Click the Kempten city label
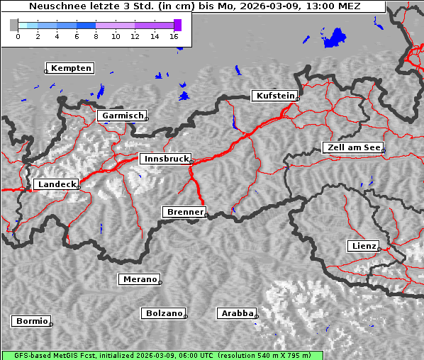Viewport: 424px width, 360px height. pyautogui.click(x=71, y=68)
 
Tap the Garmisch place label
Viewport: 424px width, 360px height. pyautogui.click(x=123, y=115)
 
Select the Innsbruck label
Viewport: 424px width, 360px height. pyautogui.click(x=165, y=159)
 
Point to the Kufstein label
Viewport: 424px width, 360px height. pyautogui.click(x=274, y=96)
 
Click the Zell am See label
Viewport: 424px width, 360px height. pyautogui.click(x=353, y=147)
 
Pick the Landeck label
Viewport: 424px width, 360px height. pyautogui.click(x=56, y=184)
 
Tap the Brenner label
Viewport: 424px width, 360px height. pyautogui.click(x=184, y=212)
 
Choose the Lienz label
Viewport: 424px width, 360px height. pyautogui.click(x=364, y=246)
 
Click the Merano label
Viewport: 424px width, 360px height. pyautogui.click(x=139, y=279)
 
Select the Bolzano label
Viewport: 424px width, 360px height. pyautogui.click(x=164, y=313)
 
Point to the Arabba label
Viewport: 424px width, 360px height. pyautogui.click(x=237, y=313)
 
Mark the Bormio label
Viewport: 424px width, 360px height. pyautogui.click(x=31, y=321)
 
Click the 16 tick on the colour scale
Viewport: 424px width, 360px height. pyautogui.click(x=174, y=36)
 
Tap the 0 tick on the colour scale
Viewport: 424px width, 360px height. pyautogui.click(x=18, y=36)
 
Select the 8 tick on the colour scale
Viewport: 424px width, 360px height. pyautogui.click(x=96, y=36)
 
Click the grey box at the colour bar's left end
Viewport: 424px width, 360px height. pyautogui.click(x=14, y=25)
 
